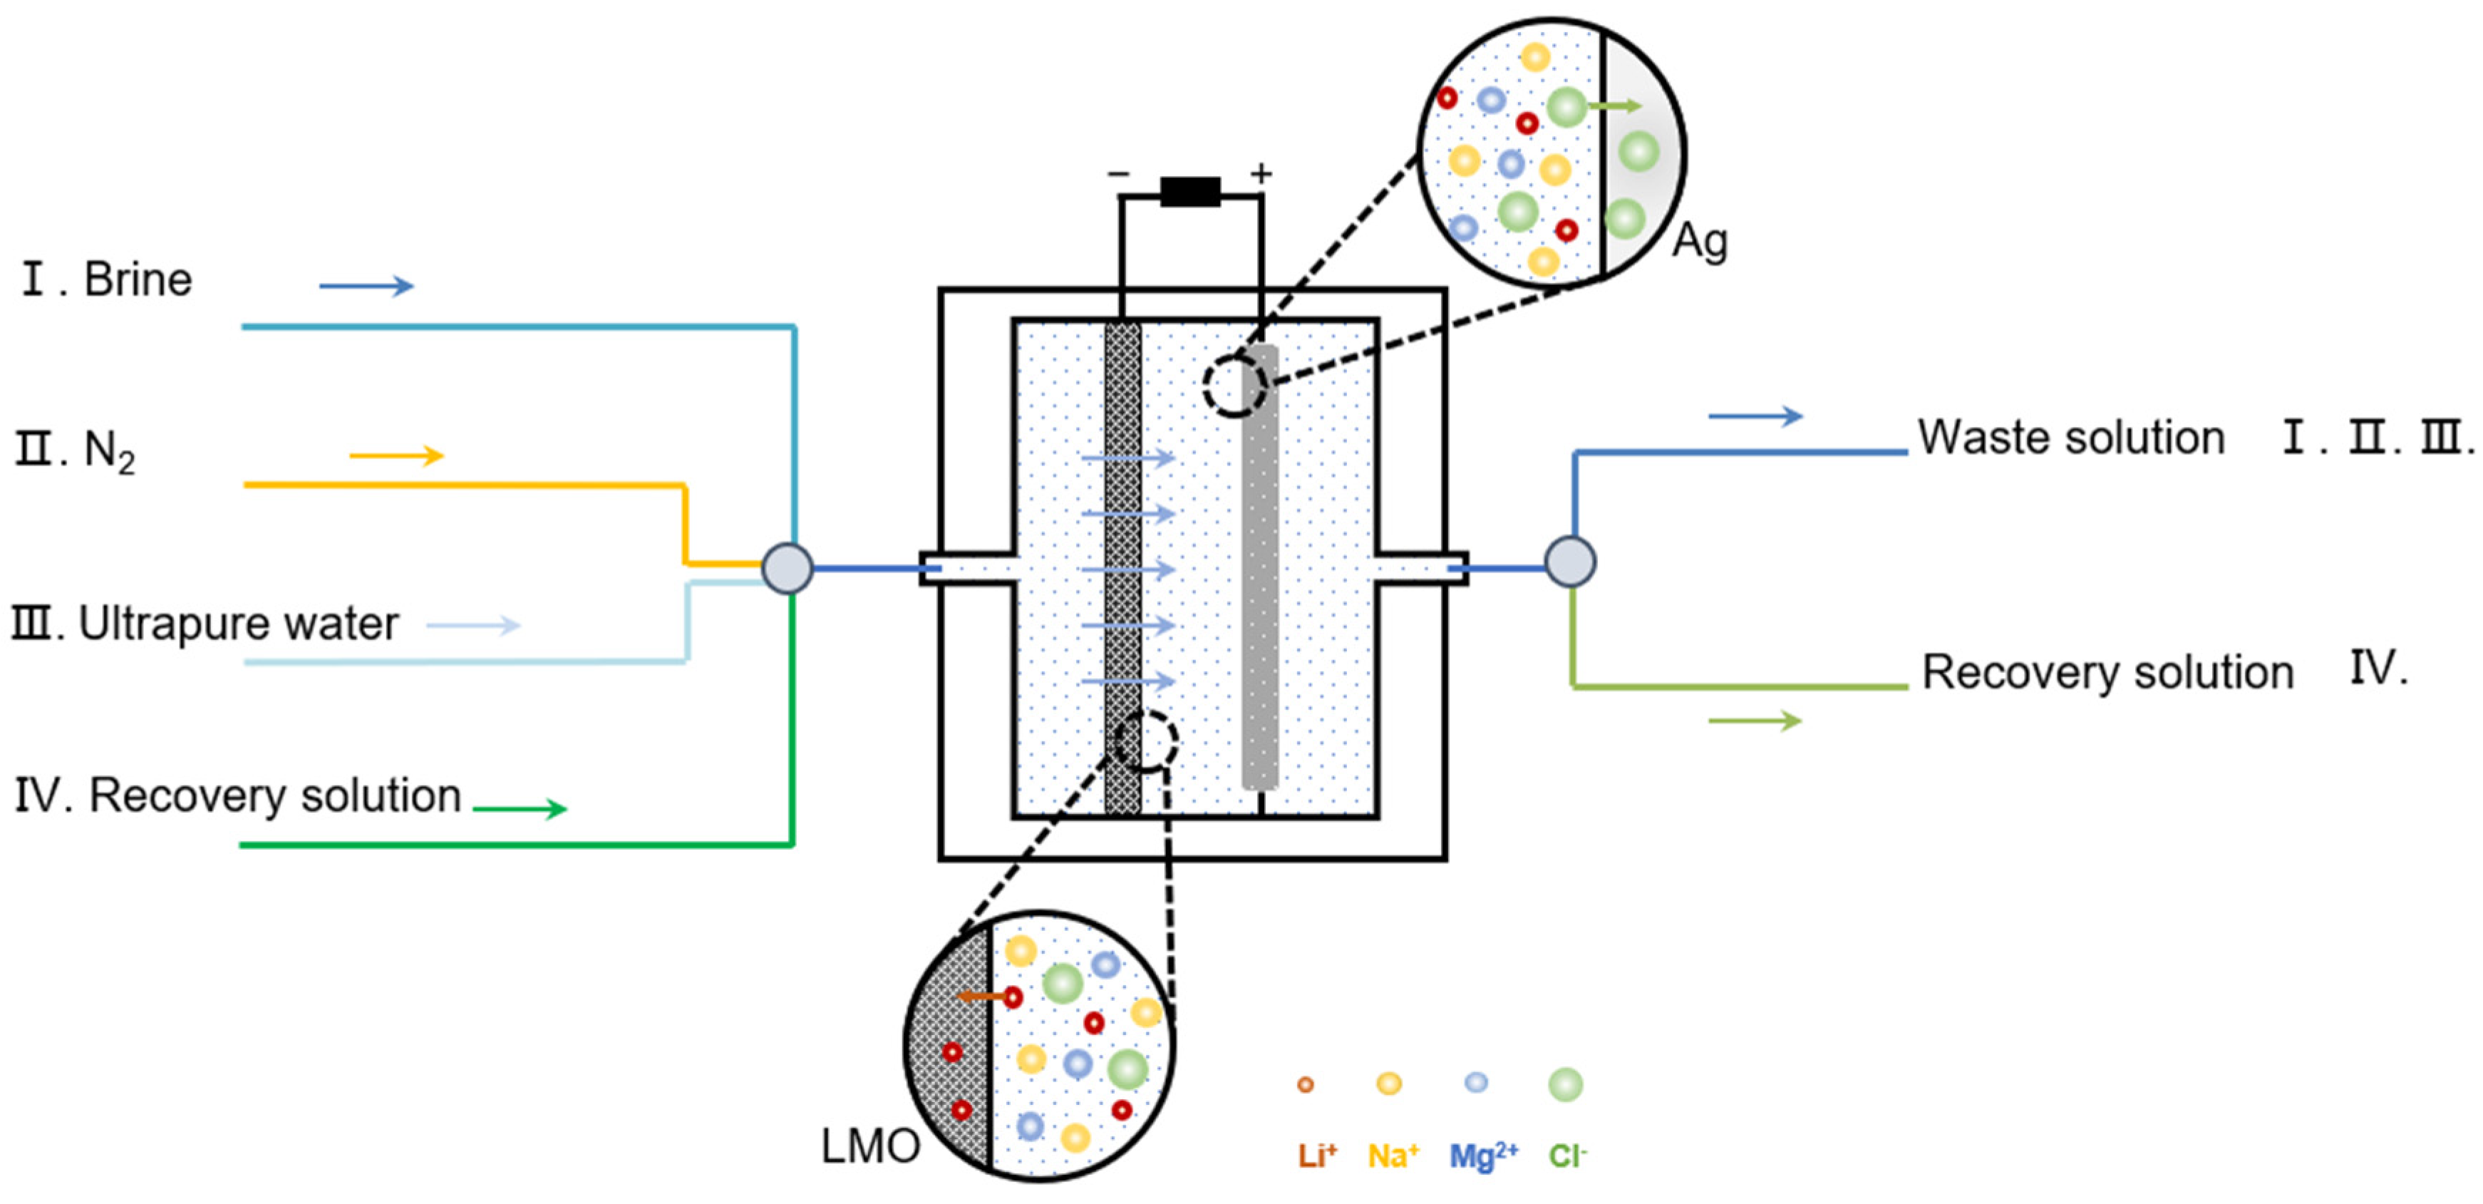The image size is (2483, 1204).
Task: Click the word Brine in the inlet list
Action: (138, 279)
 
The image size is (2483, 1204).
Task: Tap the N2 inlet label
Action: (108, 451)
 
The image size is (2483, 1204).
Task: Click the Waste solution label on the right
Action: (2070, 438)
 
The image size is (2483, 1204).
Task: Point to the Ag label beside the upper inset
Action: (1699, 241)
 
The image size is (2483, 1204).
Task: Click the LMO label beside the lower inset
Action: (870, 1146)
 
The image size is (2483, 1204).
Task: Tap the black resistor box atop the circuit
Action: (1189, 192)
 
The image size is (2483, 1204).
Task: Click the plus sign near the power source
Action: (1261, 173)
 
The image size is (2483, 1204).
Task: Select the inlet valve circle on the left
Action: (788, 567)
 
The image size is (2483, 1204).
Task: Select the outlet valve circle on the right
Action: (1570, 561)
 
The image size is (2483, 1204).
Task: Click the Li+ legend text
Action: (1316, 1155)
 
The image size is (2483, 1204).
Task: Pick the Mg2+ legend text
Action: (1482, 1155)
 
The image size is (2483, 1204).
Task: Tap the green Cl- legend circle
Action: (1565, 1084)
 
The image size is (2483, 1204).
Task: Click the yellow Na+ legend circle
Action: (1388, 1084)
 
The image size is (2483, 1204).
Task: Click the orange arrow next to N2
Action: (396, 456)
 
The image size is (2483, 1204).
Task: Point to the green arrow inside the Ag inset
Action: (1614, 106)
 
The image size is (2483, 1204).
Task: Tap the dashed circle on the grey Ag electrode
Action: (1235, 386)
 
